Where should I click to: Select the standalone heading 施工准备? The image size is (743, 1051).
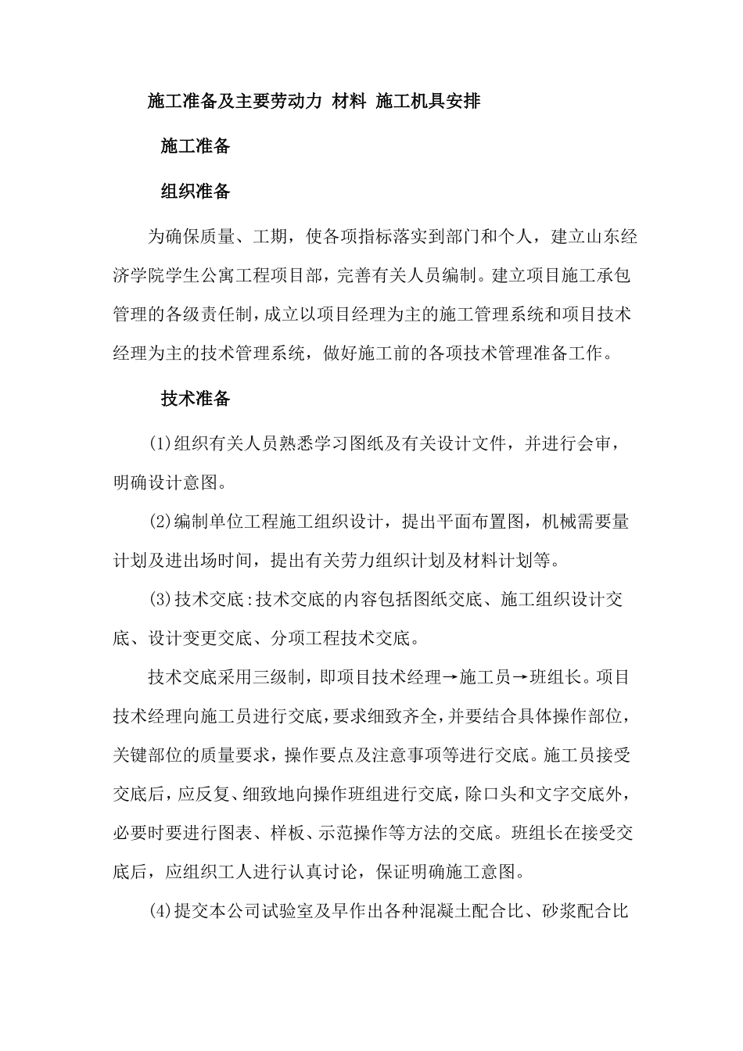coord(196,147)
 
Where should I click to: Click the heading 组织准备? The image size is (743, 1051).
coord(196,192)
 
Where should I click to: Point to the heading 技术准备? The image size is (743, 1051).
coord(196,399)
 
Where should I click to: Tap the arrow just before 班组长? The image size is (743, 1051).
coord(520,678)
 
